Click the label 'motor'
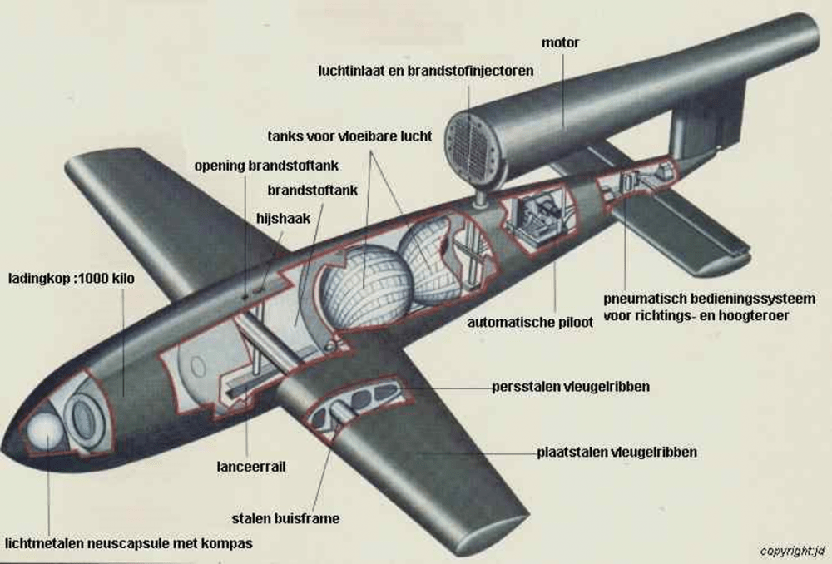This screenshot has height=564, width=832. pyautogui.click(x=560, y=41)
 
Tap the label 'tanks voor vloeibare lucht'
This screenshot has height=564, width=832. pyautogui.click(x=349, y=136)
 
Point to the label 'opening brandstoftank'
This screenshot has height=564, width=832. pyautogui.click(x=255, y=166)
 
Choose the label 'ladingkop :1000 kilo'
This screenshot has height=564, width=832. pyautogui.click(x=71, y=278)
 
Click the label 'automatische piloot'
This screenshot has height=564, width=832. pyautogui.click(x=530, y=322)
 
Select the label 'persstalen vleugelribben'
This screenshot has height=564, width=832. pyautogui.click(x=571, y=387)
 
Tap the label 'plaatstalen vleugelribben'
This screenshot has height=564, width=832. pyautogui.click(x=617, y=452)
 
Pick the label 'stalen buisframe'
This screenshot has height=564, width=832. pyautogui.click(x=291, y=518)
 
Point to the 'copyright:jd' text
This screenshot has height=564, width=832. pyautogui.click(x=791, y=552)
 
